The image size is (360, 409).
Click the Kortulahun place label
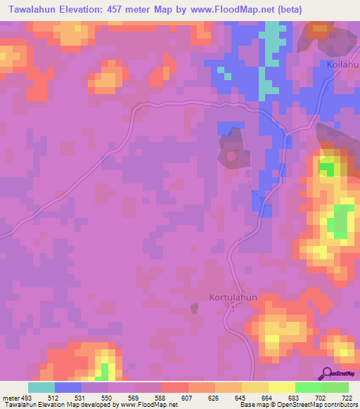[233, 297]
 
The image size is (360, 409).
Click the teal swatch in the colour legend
[41, 387]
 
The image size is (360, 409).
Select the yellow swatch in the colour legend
[282, 387]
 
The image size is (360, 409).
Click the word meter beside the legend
[10, 396]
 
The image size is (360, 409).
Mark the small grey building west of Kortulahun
[195, 309]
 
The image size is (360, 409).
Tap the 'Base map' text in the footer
[252, 405]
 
